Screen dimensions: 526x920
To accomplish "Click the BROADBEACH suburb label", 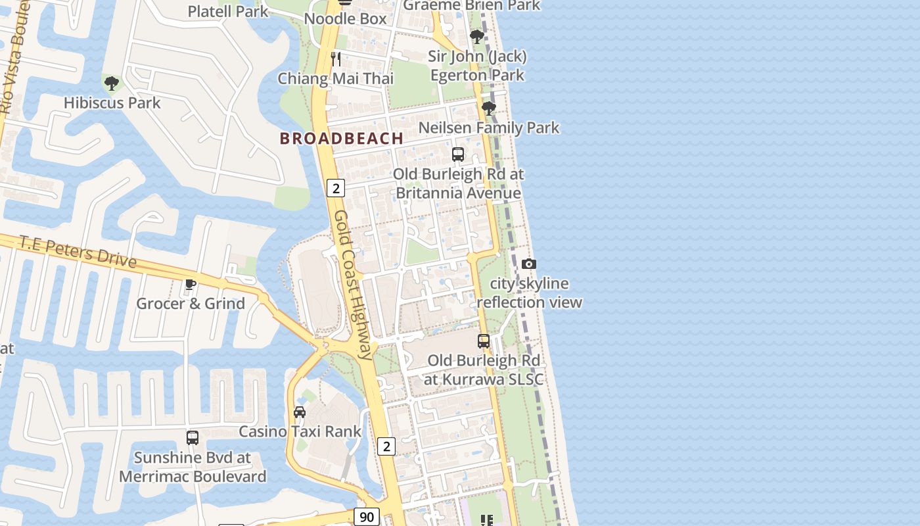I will coord(341,138).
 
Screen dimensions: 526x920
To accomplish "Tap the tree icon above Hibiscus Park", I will coord(112,84).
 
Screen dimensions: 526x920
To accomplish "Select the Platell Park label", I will coord(228,11).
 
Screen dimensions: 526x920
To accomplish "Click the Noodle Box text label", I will coord(346,19).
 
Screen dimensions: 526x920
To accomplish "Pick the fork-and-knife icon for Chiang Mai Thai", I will coord(336,59).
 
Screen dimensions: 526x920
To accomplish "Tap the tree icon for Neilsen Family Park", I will coord(488,108).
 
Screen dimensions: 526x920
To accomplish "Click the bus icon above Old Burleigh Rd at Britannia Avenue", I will coord(458,155).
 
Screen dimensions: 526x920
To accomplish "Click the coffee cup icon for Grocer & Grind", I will coord(191,284).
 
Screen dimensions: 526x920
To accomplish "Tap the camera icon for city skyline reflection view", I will coord(529,264).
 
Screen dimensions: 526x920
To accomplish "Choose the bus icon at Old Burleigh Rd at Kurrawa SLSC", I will coord(484,341).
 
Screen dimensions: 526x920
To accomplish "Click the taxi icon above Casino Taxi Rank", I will coord(300,412).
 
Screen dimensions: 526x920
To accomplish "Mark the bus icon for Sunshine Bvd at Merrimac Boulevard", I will coord(193,437).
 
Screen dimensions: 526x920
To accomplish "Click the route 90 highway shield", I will coord(367,517).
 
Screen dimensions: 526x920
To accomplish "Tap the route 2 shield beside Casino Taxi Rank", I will coord(386,446).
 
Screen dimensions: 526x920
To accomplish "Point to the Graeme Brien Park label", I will coord(471,5).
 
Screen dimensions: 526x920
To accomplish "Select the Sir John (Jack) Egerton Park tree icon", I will coord(477,37).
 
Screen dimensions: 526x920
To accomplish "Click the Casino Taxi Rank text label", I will coord(300,431).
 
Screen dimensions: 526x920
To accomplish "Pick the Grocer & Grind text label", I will coord(191,303).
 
